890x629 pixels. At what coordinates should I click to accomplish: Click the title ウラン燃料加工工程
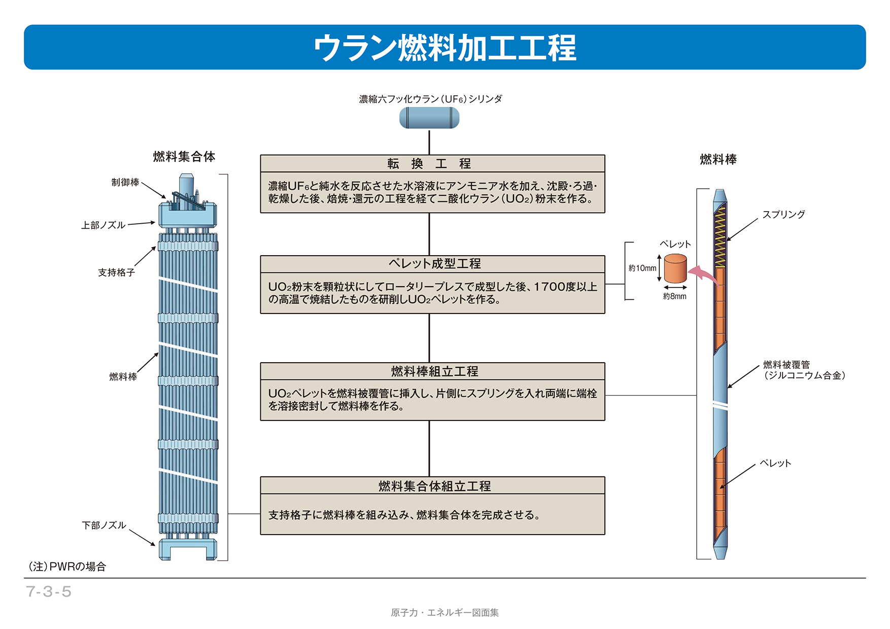(444, 48)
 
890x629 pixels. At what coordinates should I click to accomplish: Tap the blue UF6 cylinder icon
(429, 118)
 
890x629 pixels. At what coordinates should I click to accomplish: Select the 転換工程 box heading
(429, 164)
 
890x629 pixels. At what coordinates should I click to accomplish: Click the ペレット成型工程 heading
(434, 264)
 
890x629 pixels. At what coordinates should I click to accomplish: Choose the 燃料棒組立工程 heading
(434, 371)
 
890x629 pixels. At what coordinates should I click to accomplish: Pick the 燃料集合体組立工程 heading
(434, 486)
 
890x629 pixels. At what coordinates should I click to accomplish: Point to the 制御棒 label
(125, 182)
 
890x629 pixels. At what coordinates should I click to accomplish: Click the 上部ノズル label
(103, 225)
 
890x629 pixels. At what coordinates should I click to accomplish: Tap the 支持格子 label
(116, 272)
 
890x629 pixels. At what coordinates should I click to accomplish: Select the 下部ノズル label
(104, 525)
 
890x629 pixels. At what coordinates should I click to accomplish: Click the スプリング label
(783, 215)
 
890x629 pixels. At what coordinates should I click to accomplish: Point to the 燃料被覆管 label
(786, 365)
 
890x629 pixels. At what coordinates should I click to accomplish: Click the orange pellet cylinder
(675, 268)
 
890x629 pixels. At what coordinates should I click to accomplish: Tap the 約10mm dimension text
(642, 268)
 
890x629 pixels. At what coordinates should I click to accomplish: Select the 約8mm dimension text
(674, 296)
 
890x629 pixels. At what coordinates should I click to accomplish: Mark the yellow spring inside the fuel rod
(720, 236)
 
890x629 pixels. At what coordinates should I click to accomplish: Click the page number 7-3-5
(49, 591)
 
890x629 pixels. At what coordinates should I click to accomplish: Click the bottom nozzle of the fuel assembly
(188, 549)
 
